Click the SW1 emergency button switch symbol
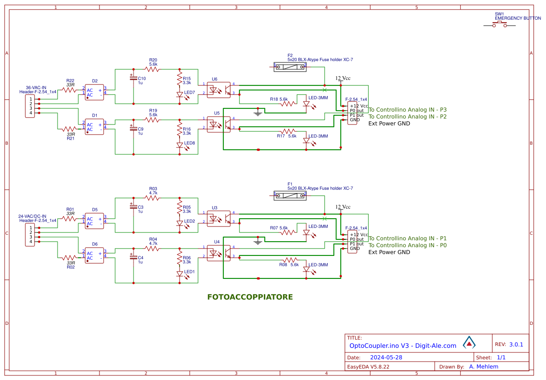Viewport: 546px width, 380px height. tap(499, 25)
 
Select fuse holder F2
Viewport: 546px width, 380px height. tap(290, 67)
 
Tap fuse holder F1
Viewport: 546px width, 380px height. tap(290, 195)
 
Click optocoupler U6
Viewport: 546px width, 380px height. tap(219, 89)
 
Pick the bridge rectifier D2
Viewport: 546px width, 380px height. tap(94, 92)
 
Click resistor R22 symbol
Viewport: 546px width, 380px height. tap(70, 90)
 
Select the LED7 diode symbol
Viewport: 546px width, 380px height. tap(180, 95)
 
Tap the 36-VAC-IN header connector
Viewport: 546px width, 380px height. tap(30, 106)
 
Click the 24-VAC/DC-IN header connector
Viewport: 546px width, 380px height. tap(30, 234)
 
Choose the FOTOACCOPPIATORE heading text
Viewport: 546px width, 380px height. tap(250, 297)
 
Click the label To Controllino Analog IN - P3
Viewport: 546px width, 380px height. tap(407, 110)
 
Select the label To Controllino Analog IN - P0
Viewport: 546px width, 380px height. tap(407, 245)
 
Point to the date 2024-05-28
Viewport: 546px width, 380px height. tap(386, 357)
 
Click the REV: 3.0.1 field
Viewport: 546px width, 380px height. tap(509, 345)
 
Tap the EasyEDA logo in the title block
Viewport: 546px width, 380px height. tap(469, 342)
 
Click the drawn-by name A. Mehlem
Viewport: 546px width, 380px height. tap(483, 367)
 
